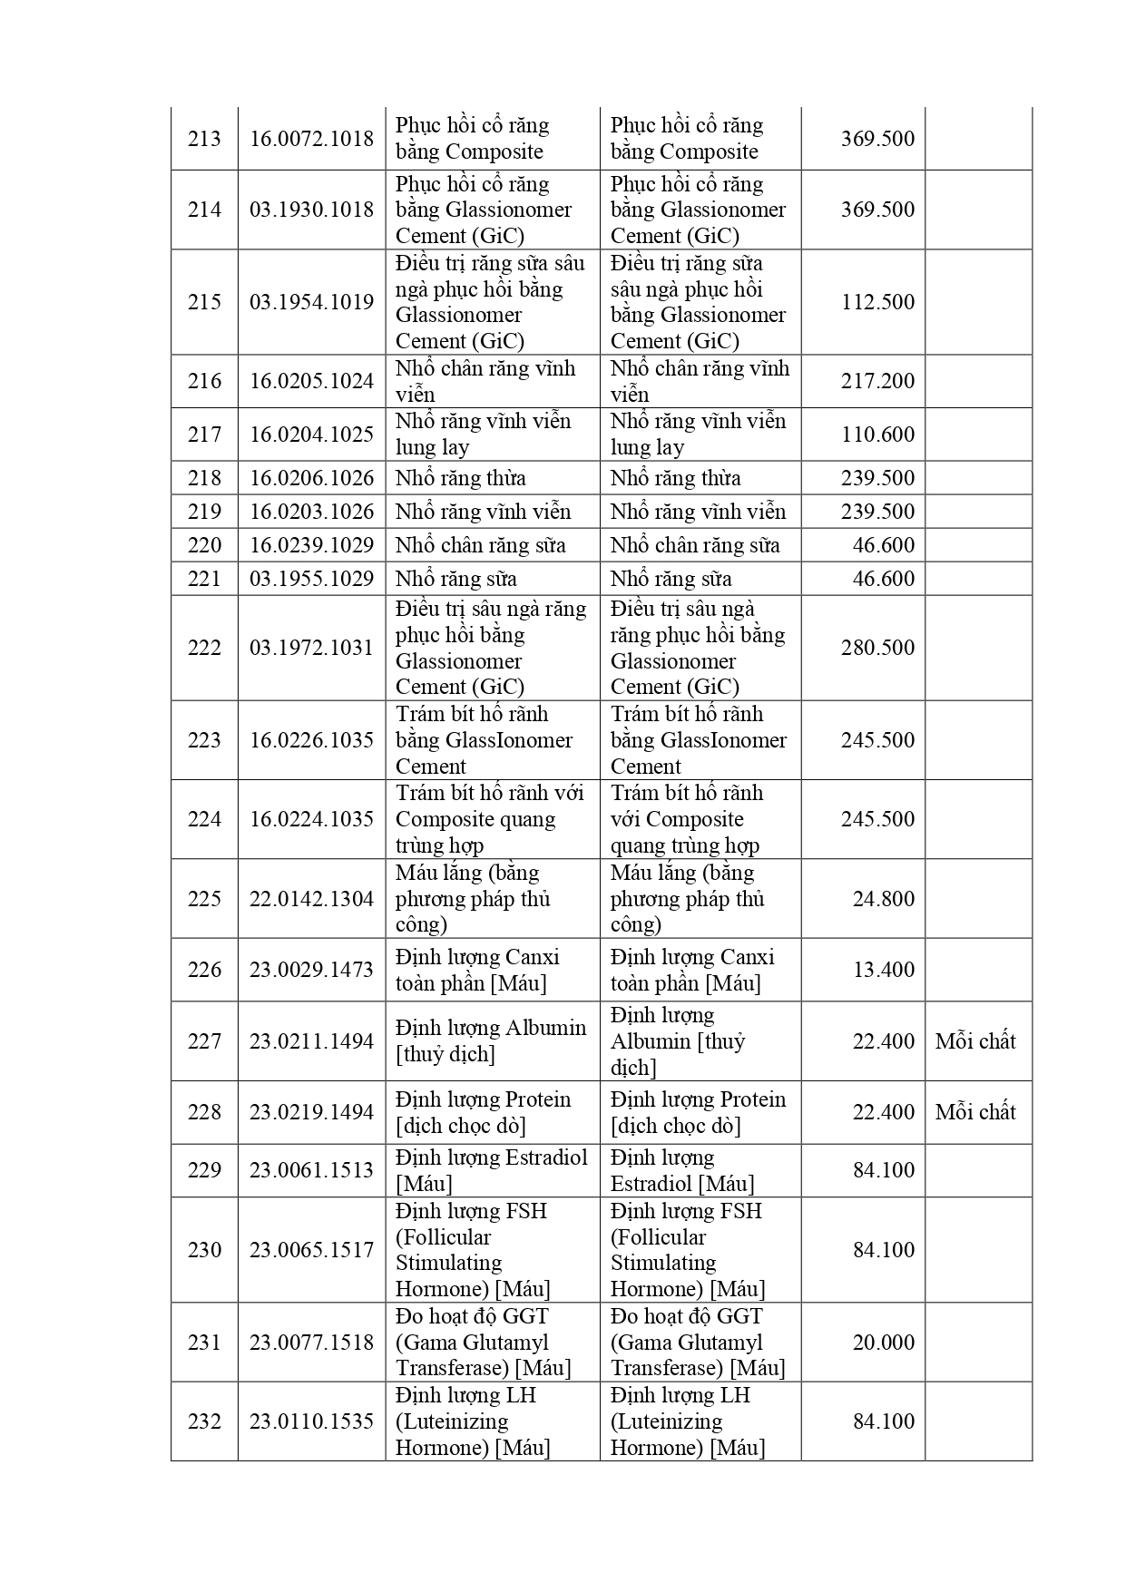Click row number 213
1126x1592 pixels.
point(204,139)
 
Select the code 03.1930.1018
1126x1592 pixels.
point(311,210)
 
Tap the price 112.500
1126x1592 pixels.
point(877,302)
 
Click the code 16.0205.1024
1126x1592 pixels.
point(311,381)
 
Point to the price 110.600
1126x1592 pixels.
point(877,435)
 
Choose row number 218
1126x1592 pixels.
point(204,478)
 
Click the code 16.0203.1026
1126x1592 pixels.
point(311,512)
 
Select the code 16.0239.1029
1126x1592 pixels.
point(311,545)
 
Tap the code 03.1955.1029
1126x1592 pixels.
point(311,579)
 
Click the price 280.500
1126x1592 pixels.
point(877,648)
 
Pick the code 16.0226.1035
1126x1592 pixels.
point(311,740)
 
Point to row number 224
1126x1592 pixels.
point(204,819)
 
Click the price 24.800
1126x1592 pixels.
point(883,899)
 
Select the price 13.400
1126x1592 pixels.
point(883,970)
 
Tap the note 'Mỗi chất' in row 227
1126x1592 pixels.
point(975,1041)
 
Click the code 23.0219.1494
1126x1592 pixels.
point(311,1112)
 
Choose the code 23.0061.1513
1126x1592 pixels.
point(311,1170)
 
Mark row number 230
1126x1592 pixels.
point(204,1250)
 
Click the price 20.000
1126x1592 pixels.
point(883,1343)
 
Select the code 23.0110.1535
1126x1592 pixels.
point(311,1421)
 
